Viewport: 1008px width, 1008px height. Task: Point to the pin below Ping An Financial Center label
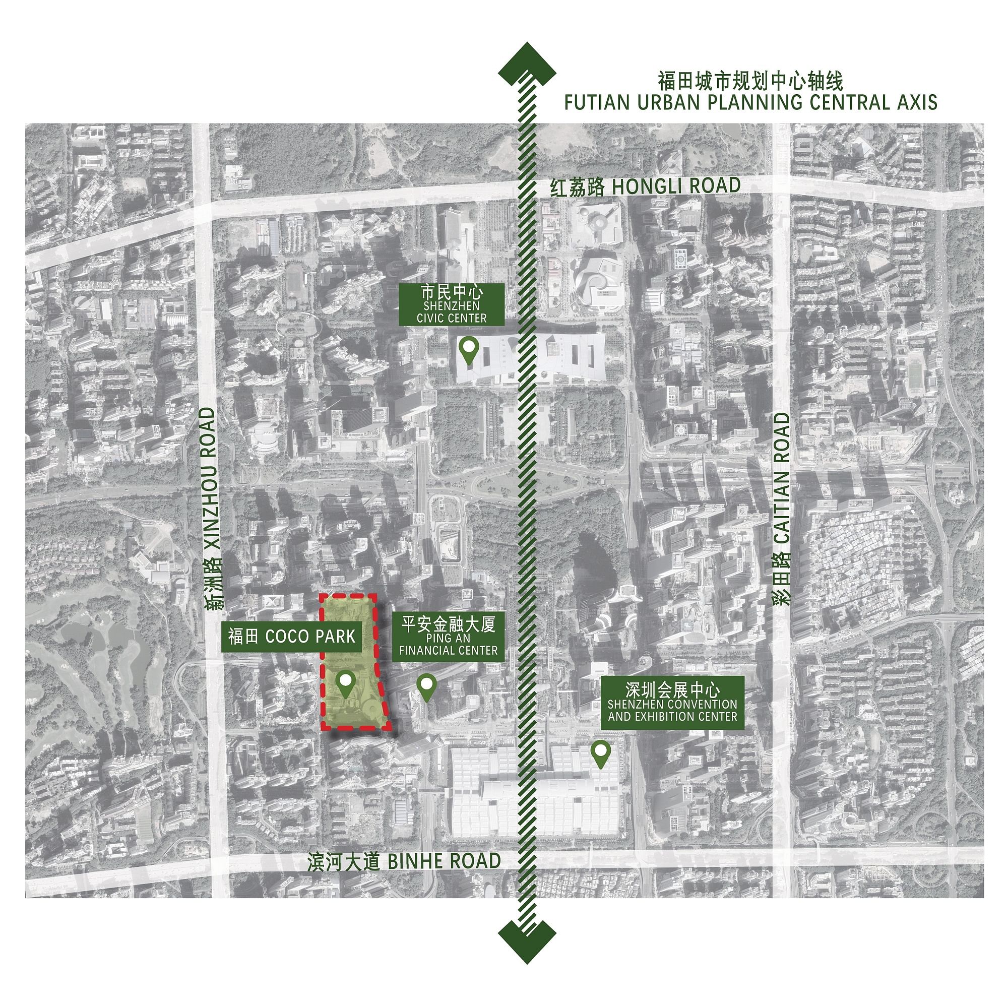(427, 685)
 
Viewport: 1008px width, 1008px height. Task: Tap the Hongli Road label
(646, 187)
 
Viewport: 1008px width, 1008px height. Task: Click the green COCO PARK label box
(292, 637)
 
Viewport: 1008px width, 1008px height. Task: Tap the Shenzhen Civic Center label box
(451, 305)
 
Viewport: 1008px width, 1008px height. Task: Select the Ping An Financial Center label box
(448, 637)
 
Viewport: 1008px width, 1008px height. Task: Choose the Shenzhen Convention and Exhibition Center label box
(672, 702)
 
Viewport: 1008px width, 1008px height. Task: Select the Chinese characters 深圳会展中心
(672, 690)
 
